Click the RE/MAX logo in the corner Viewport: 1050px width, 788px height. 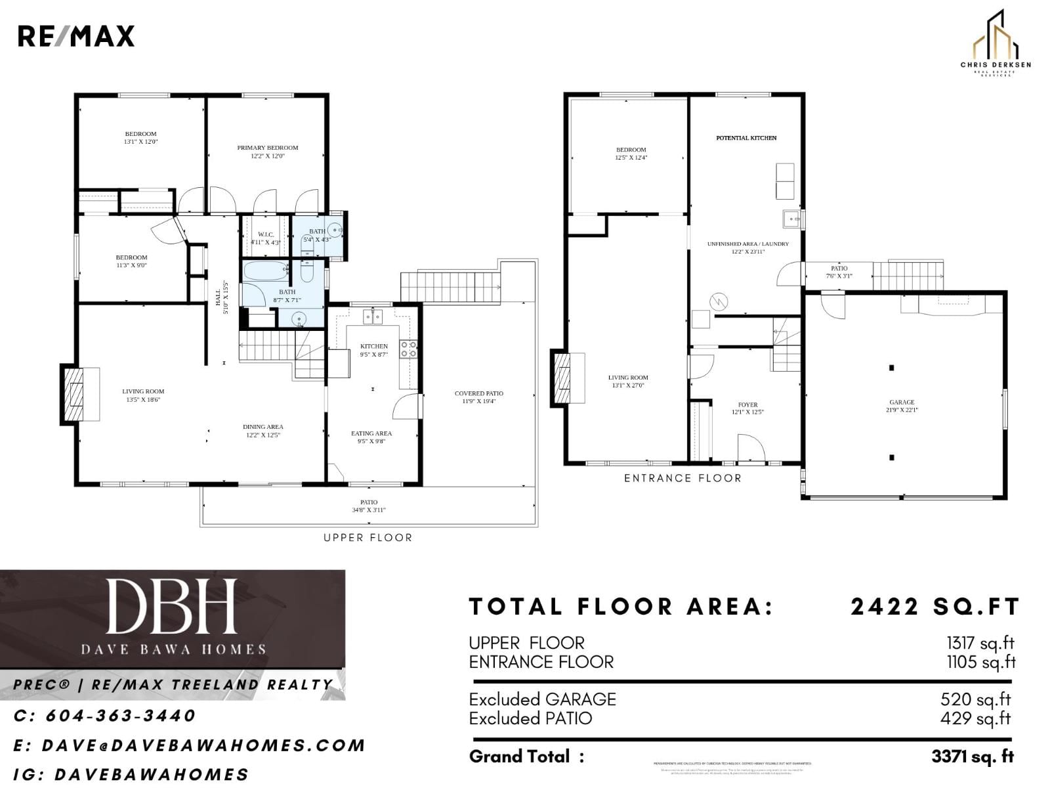pyautogui.click(x=75, y=36)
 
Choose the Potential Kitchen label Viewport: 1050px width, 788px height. pyautogui.click(x=746, y=138)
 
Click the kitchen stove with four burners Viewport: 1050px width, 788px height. pyautogui.click(x=408, y=349)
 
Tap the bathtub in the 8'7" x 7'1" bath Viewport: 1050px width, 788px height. pyautogui.click(x=266, y=271)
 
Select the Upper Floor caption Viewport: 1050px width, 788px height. pyautogui.click(x=367, y=538)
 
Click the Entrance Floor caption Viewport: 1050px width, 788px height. pyautogui.click(x=682, y=478)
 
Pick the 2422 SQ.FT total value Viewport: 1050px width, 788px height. pyautogui.click(x=934, y=607)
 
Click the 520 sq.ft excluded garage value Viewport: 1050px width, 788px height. pyautogui.click(x=975, y=699)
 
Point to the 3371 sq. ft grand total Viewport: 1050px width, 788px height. pyautogui.click(x=972, y=756)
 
